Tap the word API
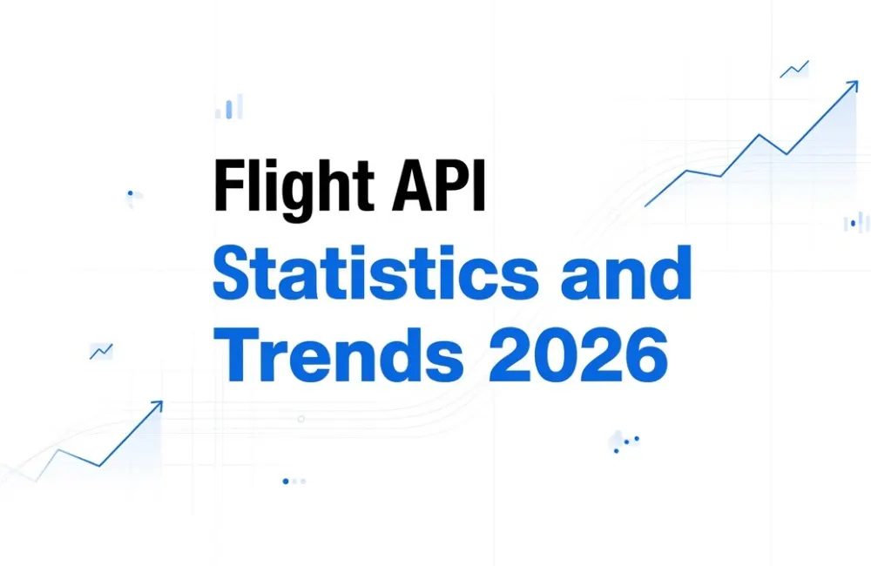point(438,185)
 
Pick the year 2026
point(577,355)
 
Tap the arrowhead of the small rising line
point(157,406)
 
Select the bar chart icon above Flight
point(229,106)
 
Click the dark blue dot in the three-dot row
point(286,481)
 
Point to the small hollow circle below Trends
point(301,419)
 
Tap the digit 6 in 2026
point(646,355)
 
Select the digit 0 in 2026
point(556,355)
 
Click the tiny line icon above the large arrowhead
point(794,70)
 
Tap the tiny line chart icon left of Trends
point(101,351)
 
